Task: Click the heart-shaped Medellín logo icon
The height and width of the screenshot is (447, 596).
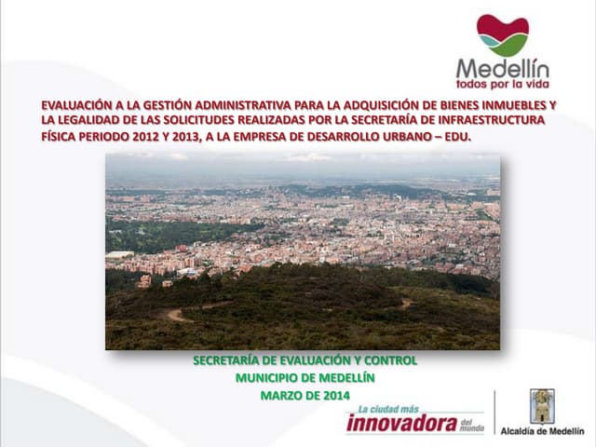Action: [503, 35]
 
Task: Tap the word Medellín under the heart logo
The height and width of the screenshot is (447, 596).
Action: [503, 68]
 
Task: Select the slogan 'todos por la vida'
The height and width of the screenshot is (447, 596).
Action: [503, 84]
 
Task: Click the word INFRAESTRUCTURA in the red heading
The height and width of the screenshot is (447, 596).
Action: [492, 120]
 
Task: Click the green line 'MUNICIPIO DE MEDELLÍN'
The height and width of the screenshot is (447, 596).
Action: [305, 378]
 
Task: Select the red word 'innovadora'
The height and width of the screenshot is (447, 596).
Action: [402, 424]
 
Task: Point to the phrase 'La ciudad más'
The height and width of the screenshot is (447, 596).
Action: [388, 410]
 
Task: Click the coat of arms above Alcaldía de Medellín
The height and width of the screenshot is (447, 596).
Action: [542, 406]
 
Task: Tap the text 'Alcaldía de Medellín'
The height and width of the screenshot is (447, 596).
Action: [542, 431]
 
